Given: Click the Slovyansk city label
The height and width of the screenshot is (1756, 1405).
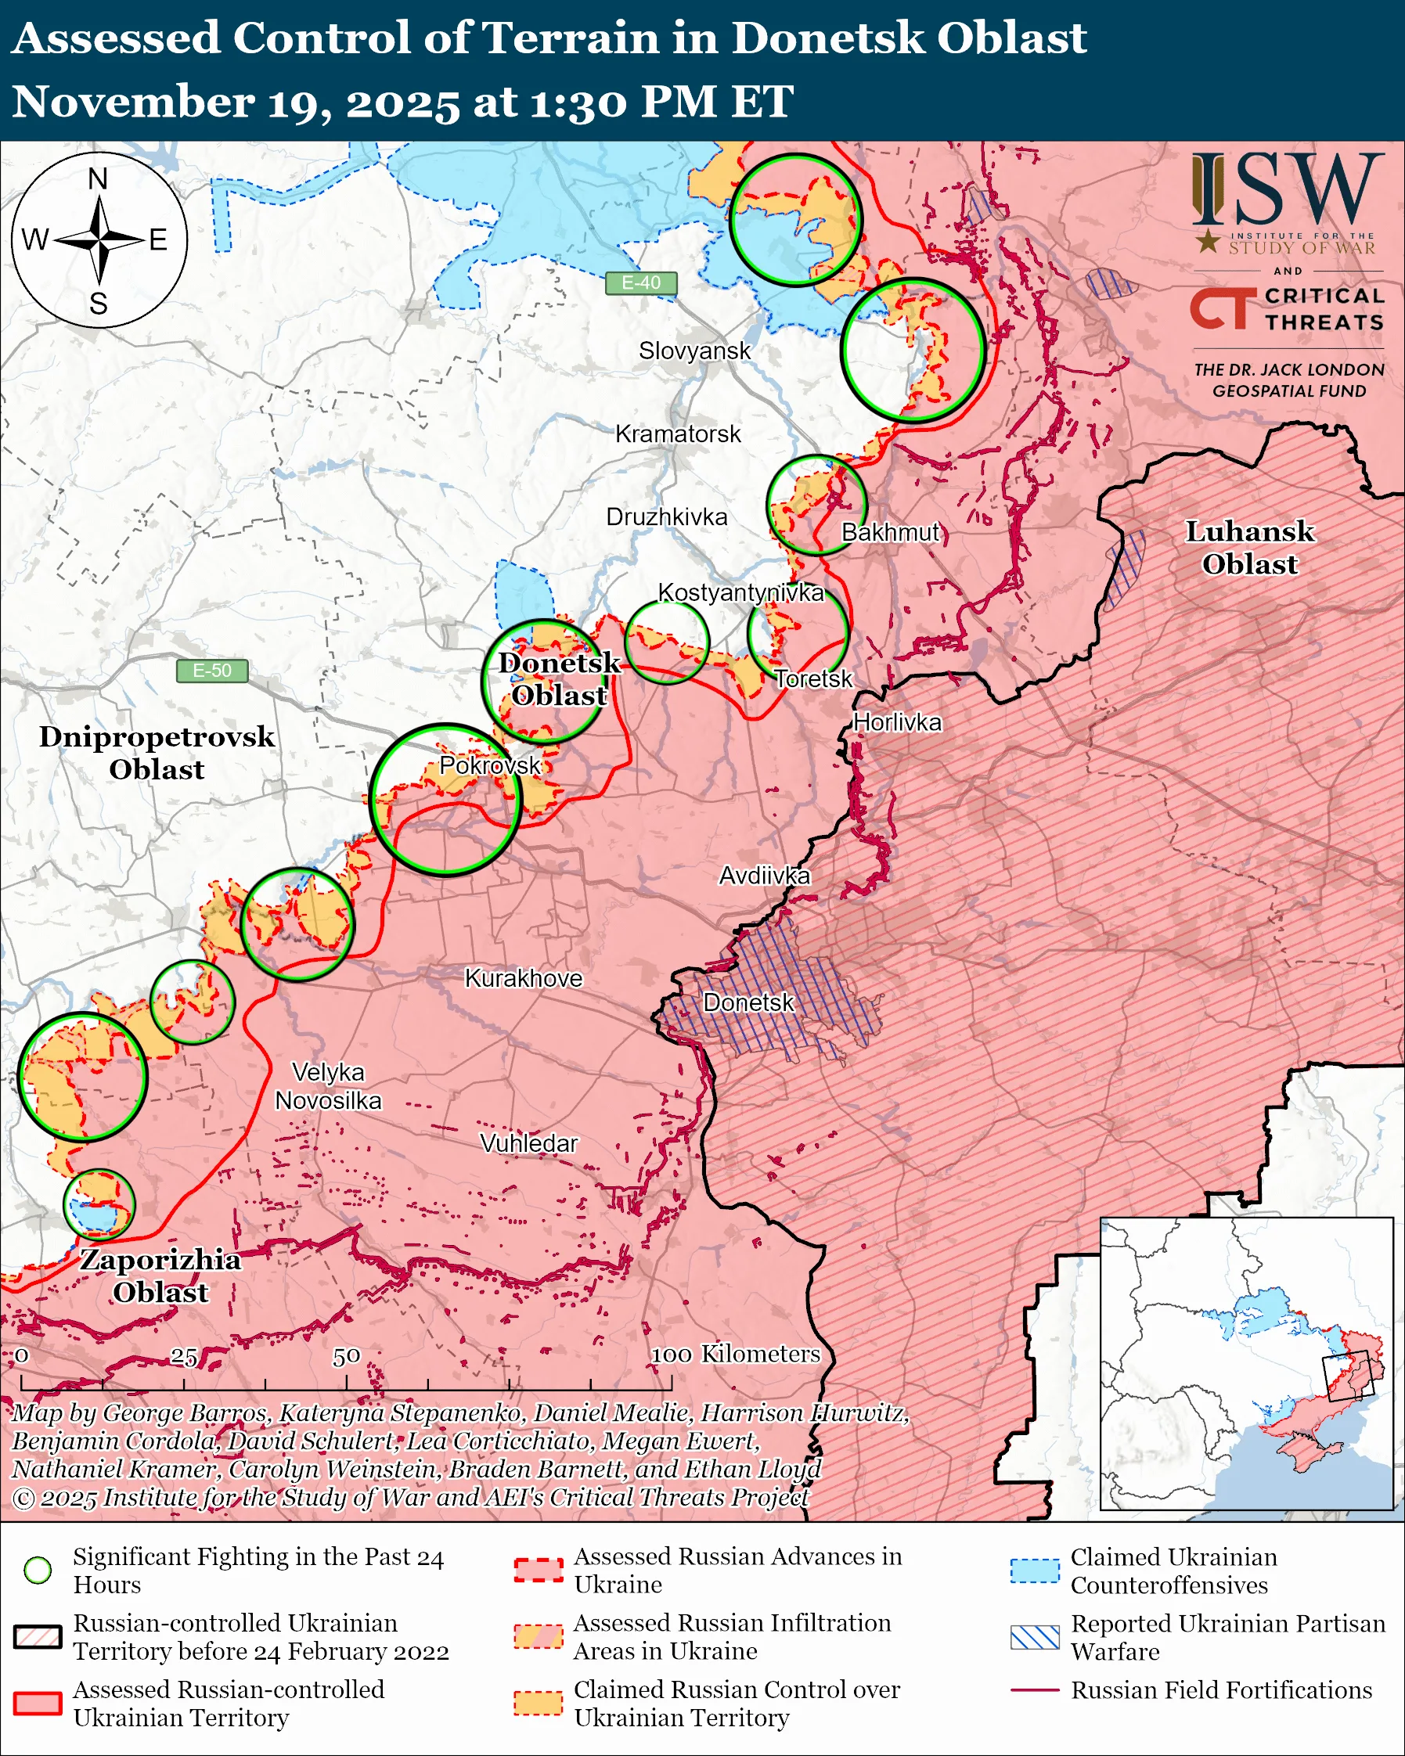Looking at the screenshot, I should point(694,351).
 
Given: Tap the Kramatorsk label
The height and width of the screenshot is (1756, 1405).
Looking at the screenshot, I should point(678,434).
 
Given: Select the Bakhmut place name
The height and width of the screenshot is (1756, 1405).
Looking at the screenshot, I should point(890,533).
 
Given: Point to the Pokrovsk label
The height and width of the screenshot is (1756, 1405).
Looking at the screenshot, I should point(489,765).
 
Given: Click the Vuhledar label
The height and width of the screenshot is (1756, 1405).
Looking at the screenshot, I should point(528,1143).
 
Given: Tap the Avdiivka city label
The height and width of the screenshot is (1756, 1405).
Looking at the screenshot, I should point(764,876).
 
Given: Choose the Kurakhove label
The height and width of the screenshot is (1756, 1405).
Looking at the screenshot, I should point(524,978).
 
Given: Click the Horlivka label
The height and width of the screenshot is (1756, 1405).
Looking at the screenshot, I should point(897,722).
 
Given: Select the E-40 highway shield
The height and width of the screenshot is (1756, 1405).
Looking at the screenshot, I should point(641,282).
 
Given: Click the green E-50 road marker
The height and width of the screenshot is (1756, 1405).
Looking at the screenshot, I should point(212,671).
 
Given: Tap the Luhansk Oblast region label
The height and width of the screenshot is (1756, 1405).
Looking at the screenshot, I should point(1248,547).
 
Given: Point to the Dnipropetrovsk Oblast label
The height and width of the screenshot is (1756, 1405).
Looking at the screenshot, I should point(157,753).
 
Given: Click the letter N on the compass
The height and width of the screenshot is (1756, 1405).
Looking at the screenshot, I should point(98,178).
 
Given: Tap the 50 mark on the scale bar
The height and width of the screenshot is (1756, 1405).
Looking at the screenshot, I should point(346,1356).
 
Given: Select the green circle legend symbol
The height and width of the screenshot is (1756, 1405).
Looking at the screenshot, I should point(38,1570).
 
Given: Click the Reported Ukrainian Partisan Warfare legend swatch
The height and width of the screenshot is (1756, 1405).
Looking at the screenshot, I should point(1035,1637).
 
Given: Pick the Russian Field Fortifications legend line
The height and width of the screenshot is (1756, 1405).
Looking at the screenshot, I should point(1035,1690).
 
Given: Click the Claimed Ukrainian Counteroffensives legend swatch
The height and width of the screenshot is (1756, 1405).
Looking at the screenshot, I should point(1035,1571).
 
